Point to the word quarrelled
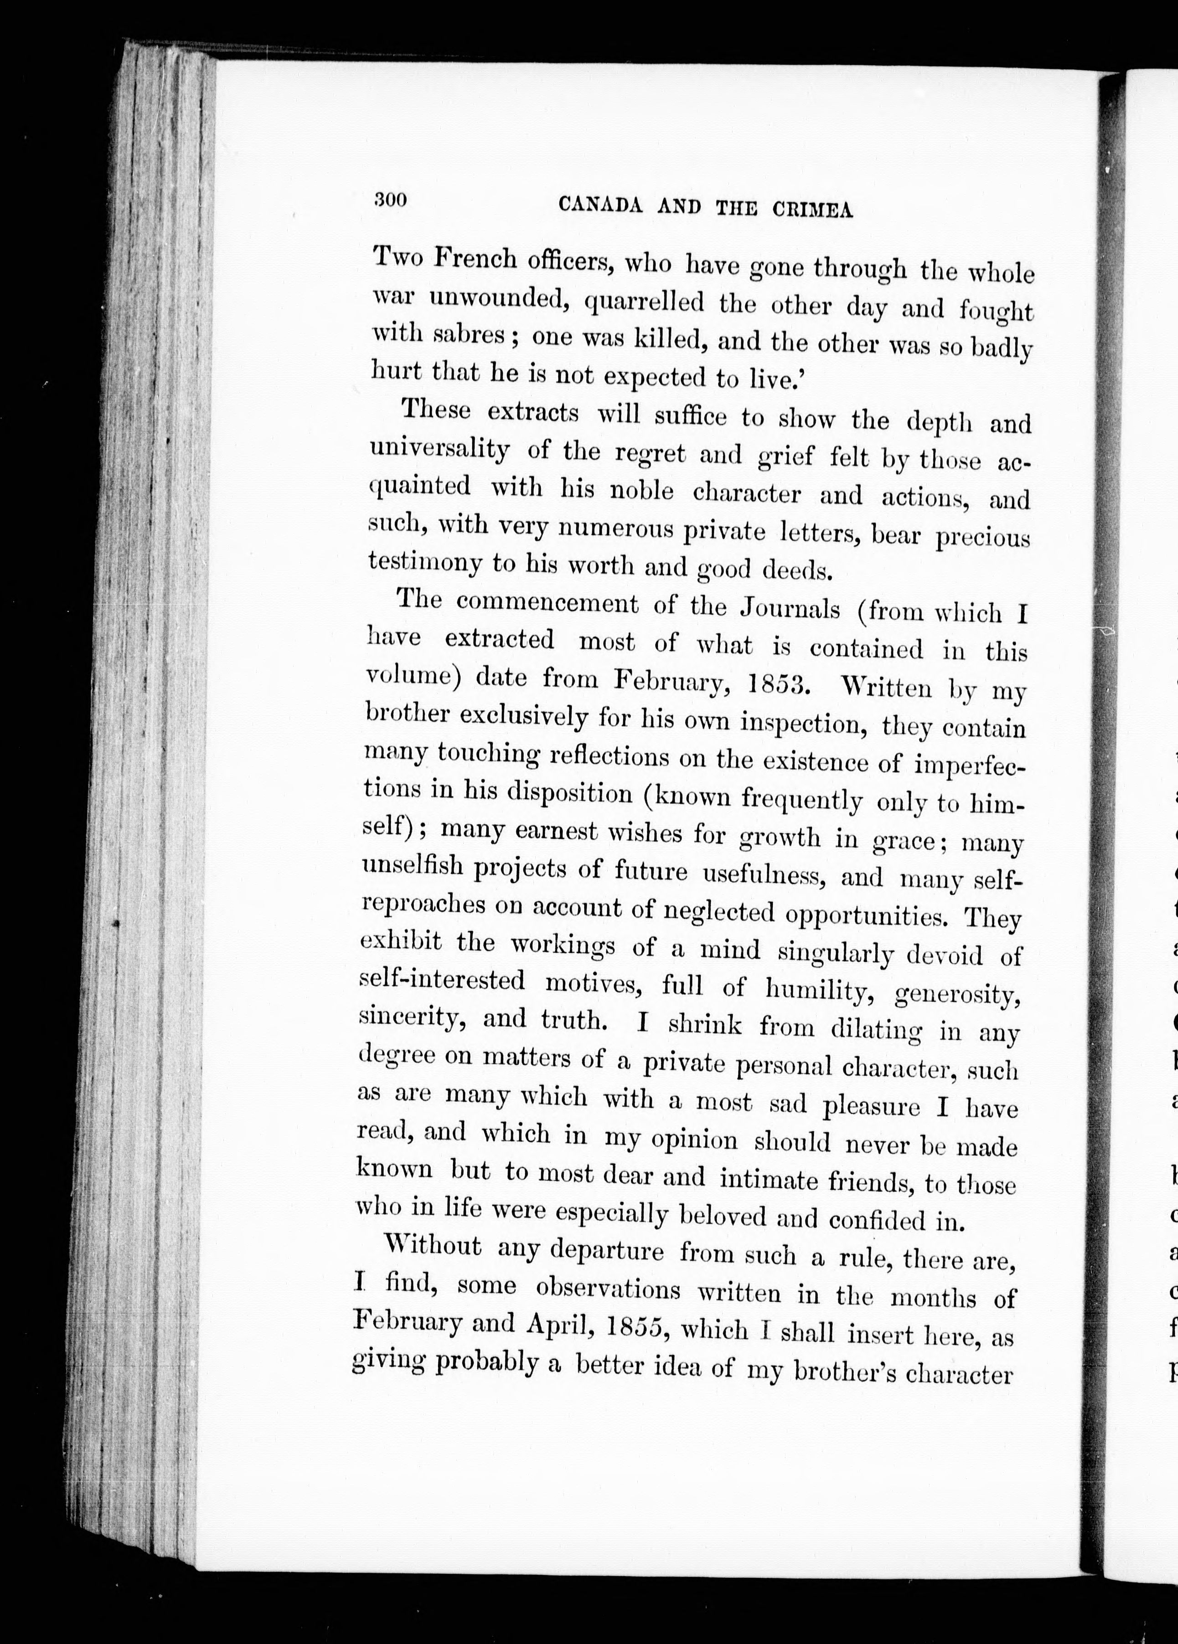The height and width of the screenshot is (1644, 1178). [643, 302]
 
